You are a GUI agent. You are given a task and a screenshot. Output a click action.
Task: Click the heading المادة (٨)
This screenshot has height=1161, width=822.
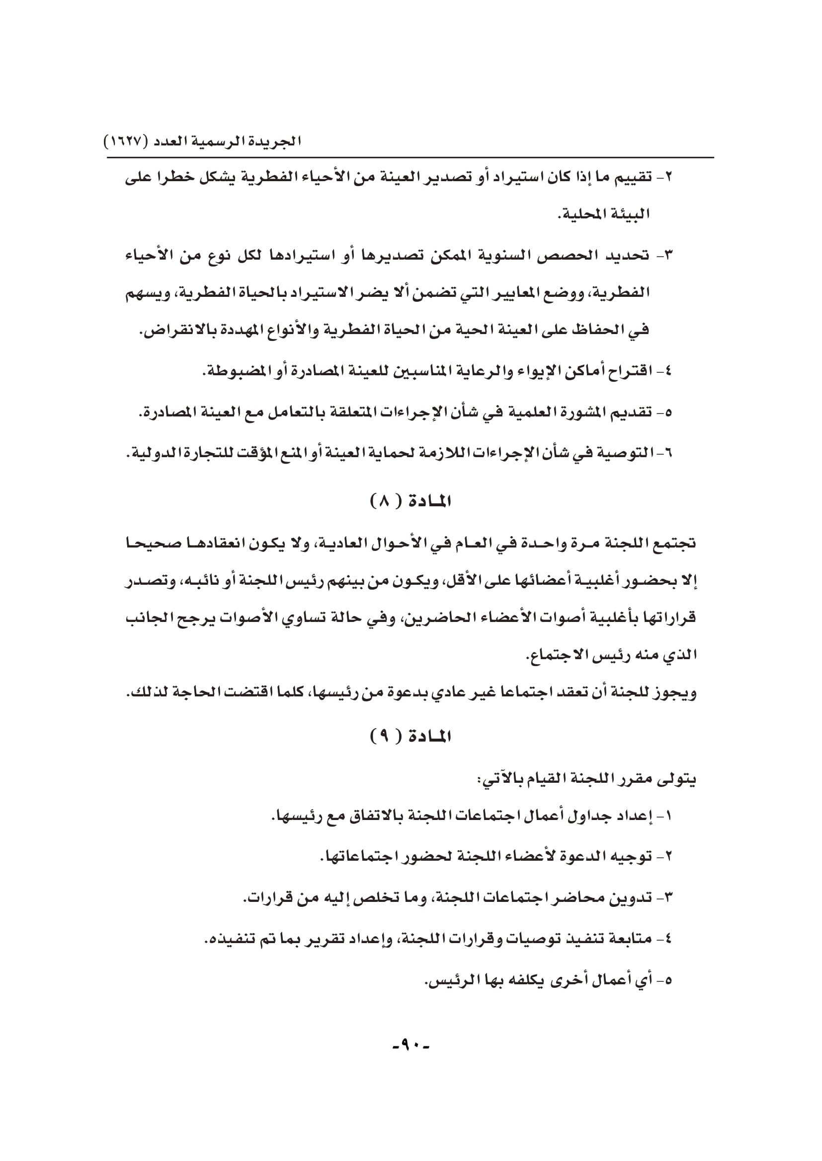411,502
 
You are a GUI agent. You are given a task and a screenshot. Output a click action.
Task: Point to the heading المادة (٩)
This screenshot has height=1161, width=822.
411,737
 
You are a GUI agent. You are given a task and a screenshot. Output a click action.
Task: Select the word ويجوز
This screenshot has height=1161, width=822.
676,693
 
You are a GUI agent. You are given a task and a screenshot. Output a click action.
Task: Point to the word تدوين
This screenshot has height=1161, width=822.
631,898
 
